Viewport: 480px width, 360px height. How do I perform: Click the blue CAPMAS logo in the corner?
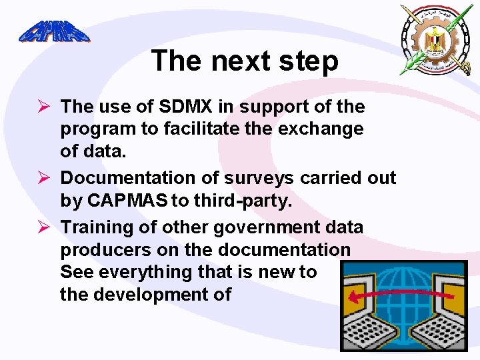point(54,31)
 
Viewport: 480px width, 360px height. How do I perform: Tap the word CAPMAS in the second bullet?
point(125,201)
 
